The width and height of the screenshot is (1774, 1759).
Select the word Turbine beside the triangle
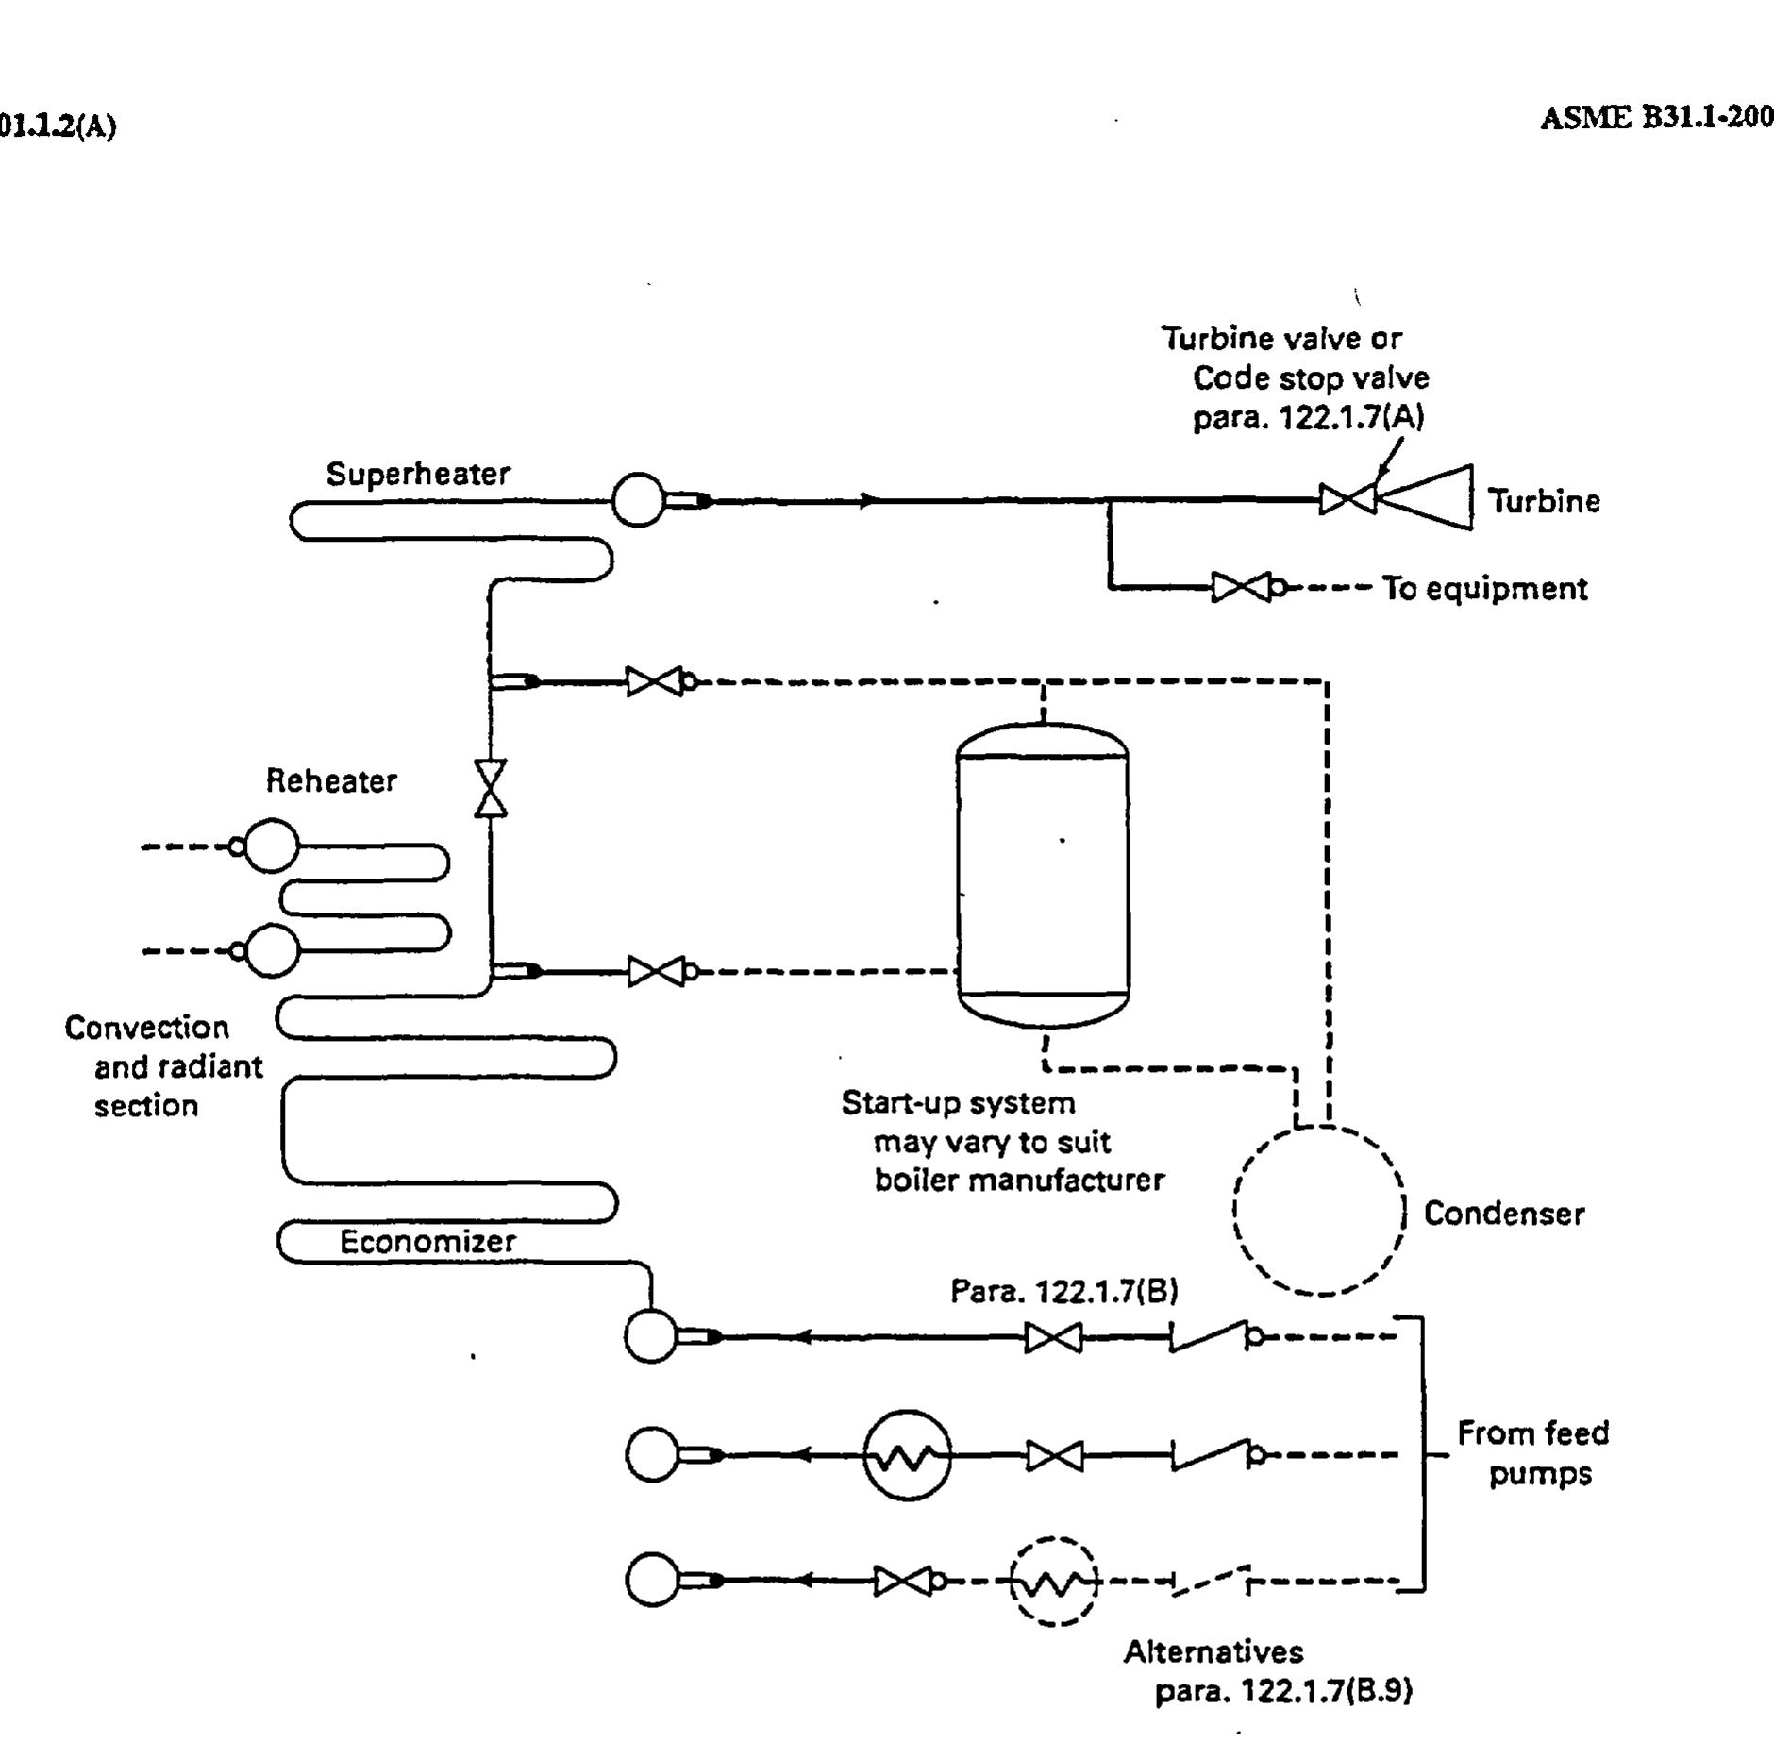tap(1544, 501)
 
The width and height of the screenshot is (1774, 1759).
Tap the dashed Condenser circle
tap(1319, 1210)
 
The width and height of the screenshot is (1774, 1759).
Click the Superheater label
tap(418, 474)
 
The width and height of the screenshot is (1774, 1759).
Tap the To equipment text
tap(1484, 589)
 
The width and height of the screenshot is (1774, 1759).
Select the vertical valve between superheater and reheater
tap(490, 788)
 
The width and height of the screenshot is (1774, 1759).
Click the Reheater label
tap(331, 780)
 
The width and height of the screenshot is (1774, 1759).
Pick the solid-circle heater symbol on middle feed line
tap(907, 1456)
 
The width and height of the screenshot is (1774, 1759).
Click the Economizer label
tap(427, 1241)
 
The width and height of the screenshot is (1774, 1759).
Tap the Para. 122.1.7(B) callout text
tap(1063, 1291)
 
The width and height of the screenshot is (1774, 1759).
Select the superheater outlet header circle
tap(638, 500)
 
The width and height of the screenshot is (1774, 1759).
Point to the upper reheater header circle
tap(271, 846)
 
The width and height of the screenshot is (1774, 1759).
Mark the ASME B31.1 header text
tap(1656, 118)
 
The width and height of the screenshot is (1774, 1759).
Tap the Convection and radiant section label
tap(161, 1066)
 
